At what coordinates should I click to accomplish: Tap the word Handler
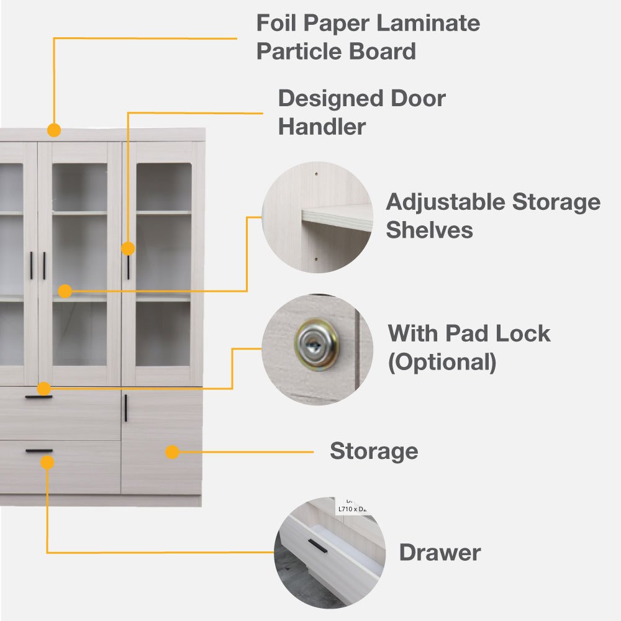[322, 127]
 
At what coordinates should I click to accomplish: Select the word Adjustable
[445, 202]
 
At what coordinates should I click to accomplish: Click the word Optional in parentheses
[442, 361]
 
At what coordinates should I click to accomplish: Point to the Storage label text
[374, 451]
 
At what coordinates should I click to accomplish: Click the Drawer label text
[440, 552]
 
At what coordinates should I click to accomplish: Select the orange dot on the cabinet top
[54, 130]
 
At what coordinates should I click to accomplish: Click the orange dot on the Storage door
[173, 452]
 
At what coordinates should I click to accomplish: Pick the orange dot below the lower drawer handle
[47, 462]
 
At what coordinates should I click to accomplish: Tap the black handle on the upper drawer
[39, 397]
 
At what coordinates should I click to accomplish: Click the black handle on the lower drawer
[39, 450]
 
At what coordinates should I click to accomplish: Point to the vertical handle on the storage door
[125, 408]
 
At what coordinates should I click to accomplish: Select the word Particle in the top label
[297, 52]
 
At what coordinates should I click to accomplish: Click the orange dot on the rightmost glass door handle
[128, 248]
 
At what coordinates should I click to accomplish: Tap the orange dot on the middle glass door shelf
[65, 291]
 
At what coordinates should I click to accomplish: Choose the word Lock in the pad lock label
[526, 333]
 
